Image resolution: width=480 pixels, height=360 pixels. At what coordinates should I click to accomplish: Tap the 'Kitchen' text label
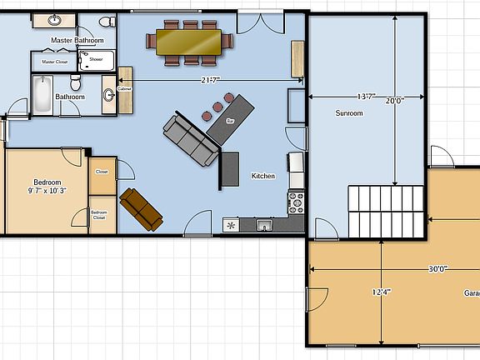coord(263,176)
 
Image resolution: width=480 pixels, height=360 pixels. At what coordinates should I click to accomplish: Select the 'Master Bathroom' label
coord(77,40)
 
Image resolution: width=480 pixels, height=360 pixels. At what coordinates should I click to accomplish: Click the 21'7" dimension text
coord(210,80)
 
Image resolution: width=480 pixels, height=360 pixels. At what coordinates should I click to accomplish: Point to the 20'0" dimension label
coord(394,101)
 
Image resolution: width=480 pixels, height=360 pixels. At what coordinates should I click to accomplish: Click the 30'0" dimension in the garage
coord(438,268)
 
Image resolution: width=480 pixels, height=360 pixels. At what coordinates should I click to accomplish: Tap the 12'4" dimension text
coord(381,292)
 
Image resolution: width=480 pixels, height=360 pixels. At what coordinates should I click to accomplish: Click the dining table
coord(188,40)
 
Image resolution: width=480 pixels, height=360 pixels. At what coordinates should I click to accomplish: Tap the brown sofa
coord(141,208)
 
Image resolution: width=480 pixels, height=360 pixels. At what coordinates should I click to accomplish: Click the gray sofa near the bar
coord(190,139)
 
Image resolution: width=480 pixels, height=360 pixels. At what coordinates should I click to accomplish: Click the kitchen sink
coord(264,225)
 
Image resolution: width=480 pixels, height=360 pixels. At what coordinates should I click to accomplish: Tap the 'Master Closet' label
coord(54,62)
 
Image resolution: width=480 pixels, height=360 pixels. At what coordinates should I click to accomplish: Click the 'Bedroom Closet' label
coord(99,215)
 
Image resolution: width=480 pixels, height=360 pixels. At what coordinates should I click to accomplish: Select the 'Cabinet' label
coord(124,88)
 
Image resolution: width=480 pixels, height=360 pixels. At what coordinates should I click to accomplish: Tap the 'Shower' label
coord(96,59)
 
